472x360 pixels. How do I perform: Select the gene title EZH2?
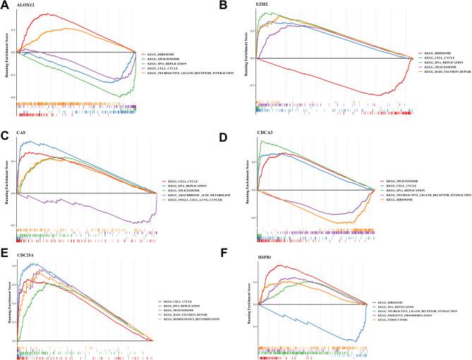point(262,6)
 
